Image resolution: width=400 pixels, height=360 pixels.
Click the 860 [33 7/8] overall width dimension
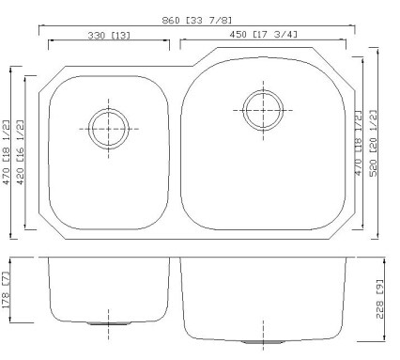[x=197, y=21]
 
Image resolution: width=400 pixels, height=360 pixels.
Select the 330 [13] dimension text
[x=109, y=36]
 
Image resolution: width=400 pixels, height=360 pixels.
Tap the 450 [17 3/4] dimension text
[x=263, y=35]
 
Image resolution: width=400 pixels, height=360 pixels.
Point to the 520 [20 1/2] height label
[x=374, y=143]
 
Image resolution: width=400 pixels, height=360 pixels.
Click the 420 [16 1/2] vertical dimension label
[x=20, y=152]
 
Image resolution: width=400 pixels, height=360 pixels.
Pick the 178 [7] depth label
[x=7, y=290]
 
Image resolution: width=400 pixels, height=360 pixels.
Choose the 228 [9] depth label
[x=379, y=299]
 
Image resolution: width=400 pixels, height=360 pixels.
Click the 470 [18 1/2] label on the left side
[x=7, y=152]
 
